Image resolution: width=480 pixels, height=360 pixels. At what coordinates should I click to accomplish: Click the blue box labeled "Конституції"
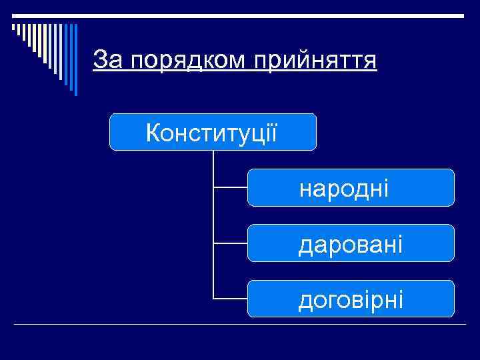click(213, 132)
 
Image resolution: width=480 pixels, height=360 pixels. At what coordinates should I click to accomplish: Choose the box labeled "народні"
click(351, 188)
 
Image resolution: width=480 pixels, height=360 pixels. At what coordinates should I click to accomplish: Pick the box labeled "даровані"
click(351, 243)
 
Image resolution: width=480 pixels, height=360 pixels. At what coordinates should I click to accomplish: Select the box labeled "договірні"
click(351, 299)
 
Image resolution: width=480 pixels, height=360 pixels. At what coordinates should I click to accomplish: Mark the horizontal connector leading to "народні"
click(231, 188)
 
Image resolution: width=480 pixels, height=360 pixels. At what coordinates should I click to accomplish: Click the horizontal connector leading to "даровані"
click(231, 243)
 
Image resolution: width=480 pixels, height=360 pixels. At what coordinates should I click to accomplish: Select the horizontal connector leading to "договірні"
click(231, 298)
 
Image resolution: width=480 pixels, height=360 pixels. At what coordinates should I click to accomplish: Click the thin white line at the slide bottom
click(240, 324)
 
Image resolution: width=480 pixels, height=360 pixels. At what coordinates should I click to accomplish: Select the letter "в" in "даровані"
click(358, 245)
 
